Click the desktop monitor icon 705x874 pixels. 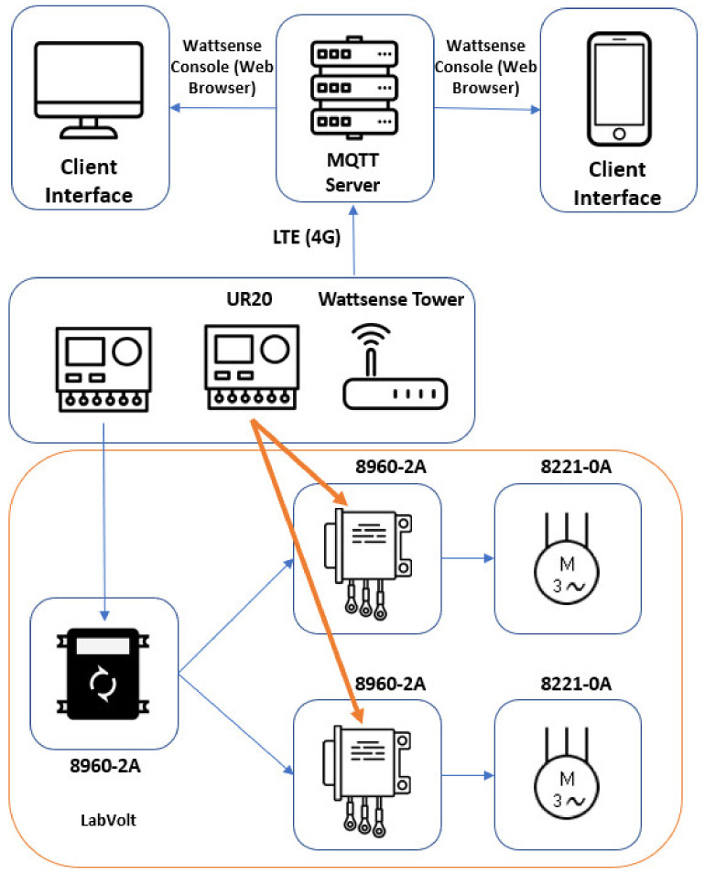tap(89, 89)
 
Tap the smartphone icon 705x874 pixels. tap(619, 89)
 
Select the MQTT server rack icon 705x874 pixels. tap(354, 88)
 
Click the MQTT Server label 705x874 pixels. tap(353, 172)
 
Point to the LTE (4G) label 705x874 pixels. tap(306, 237)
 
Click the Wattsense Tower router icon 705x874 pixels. tap(395, 366)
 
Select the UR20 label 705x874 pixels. tap(249, 298)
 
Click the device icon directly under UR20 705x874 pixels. tap(252, 367)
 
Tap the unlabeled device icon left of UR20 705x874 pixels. tap(103, 370)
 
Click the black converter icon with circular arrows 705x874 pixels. tap(103, 674)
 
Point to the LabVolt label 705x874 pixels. tap(108, 820)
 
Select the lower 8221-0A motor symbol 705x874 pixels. tap(567, 773)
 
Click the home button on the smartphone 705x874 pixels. tap(619, 134)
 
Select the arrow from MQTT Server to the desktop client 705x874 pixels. tap(223, 108)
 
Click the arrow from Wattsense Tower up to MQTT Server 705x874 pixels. tap(353, 241)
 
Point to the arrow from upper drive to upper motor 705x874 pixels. tap(468, 557)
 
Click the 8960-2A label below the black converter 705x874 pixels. tap(105, 766)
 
